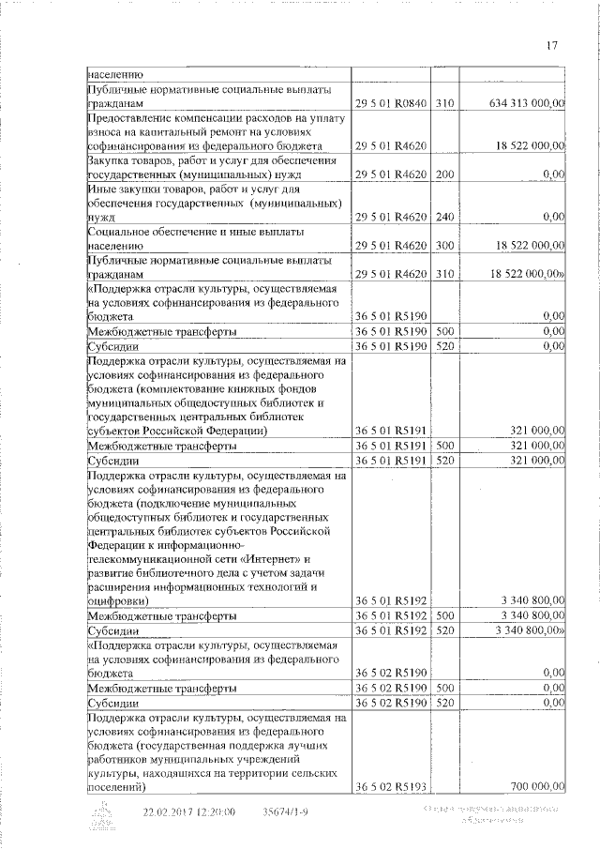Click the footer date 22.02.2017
pyautogui.click(x=170, y=813)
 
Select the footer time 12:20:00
pyautogui.click(x=216, y=813)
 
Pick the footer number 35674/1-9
pyautogui.click(x=286, y=813)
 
